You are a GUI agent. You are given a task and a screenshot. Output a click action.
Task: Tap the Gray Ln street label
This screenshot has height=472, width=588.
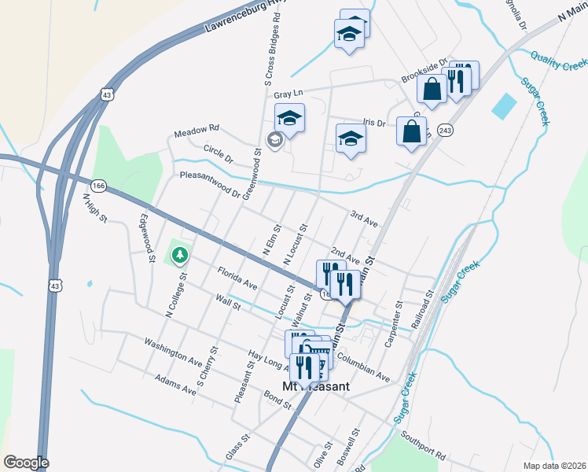(x=288, y=94)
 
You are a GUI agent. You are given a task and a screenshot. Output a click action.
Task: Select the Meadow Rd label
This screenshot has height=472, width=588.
(x=197, y=128)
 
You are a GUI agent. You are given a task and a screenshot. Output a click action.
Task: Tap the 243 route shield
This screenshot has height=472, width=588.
(x=445, y=130)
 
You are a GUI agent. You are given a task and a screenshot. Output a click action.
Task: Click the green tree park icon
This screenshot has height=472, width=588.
(x=181, y=255)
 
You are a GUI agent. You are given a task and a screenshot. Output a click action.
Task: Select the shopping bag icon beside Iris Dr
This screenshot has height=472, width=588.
(x=412, y=132)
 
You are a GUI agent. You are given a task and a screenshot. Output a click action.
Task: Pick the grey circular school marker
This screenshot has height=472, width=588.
(x=274, y=141)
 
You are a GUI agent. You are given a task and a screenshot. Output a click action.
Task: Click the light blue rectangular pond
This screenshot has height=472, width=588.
(x=504, y=106)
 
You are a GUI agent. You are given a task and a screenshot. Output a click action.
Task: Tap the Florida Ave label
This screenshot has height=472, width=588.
(x=237, y=277)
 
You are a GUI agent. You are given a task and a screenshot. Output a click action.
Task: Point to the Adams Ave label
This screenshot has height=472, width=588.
(x=175, y=383)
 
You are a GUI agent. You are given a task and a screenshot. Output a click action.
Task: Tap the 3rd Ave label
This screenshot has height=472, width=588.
(x=364, y=219)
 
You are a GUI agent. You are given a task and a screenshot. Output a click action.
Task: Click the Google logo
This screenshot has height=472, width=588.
(x=25, y=463)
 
